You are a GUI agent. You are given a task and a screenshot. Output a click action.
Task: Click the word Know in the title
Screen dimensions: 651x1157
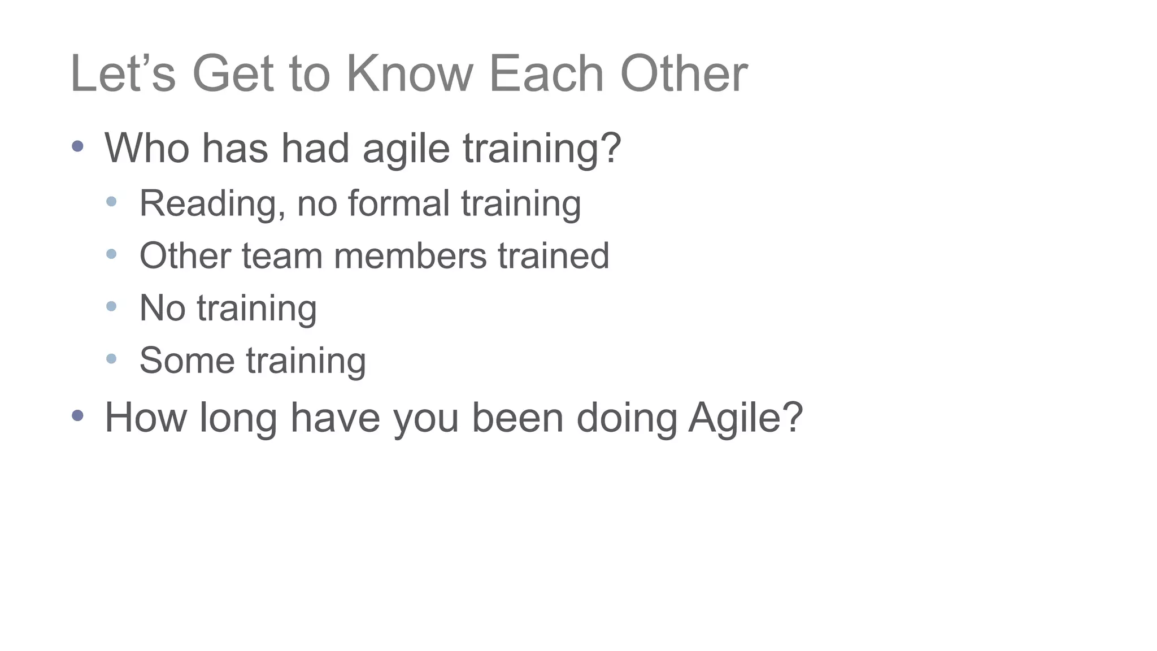coord(409,74)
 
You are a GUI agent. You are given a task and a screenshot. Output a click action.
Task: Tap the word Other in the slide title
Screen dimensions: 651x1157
coord(684,74)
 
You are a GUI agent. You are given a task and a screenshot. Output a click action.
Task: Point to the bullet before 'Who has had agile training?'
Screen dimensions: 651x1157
coord(78,146)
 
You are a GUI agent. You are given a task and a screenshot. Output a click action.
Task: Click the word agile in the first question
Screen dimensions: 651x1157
coord(406,149)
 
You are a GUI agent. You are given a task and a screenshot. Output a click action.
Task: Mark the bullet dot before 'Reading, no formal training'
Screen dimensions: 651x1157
coord(111,201)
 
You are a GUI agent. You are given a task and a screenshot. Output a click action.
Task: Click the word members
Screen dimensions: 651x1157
coord(410,255)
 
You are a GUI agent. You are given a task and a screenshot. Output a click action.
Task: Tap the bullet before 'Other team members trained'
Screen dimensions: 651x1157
coord(111,254)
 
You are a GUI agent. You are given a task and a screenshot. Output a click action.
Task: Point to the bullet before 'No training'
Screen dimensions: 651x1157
coord(111,306)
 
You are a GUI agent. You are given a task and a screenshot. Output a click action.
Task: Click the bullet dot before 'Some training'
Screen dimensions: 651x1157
coord(111,358)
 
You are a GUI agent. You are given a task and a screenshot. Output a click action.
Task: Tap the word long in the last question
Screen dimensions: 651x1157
coord(238,419)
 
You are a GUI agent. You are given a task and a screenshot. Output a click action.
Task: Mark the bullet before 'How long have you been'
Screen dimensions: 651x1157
coord(78,416)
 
